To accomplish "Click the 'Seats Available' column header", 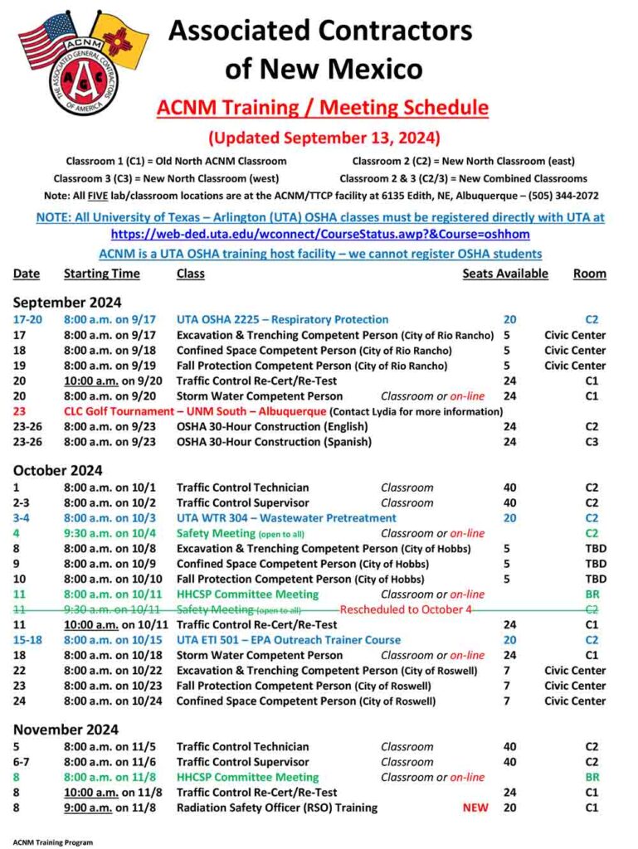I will (505, 274).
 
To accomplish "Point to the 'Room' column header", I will (589, 274).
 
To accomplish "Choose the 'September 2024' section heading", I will (67, 302).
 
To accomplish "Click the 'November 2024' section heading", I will (66, 730).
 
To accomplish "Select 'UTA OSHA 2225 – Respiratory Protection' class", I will (282, 319).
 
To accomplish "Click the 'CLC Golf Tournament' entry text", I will (195, 412).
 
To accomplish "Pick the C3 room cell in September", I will (592, 443).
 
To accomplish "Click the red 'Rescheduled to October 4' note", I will (406, 609).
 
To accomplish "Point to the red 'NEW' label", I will (475, 808).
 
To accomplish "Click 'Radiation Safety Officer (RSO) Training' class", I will (276, 808).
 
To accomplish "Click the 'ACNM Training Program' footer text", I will (53, 842).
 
